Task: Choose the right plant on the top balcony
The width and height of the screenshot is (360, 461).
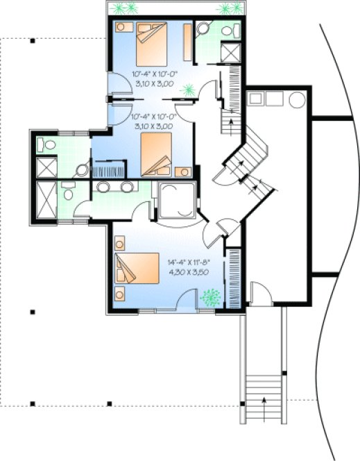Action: coord(229,9)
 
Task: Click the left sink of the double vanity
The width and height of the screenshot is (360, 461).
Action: coord(103,187)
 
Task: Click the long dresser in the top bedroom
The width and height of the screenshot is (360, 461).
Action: coord(187,43)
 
